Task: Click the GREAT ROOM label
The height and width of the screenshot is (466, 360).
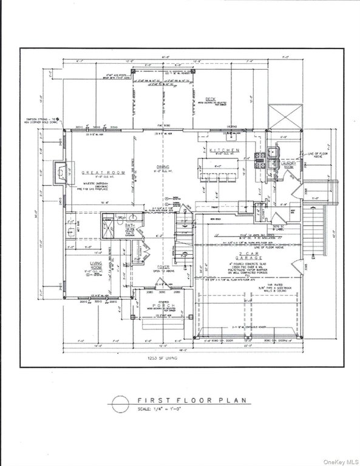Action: [109, 173]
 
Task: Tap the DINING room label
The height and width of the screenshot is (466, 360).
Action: [162, 167]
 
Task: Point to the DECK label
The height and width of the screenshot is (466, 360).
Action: [210, 99]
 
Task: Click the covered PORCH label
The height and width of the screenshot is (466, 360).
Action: [168, 305]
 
